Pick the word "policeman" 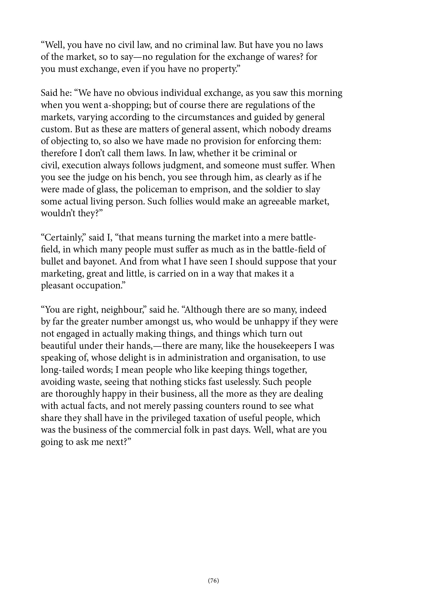[x=156, y=190]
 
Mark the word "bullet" [x=52, y=262]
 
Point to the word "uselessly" [x=241, y=382]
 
